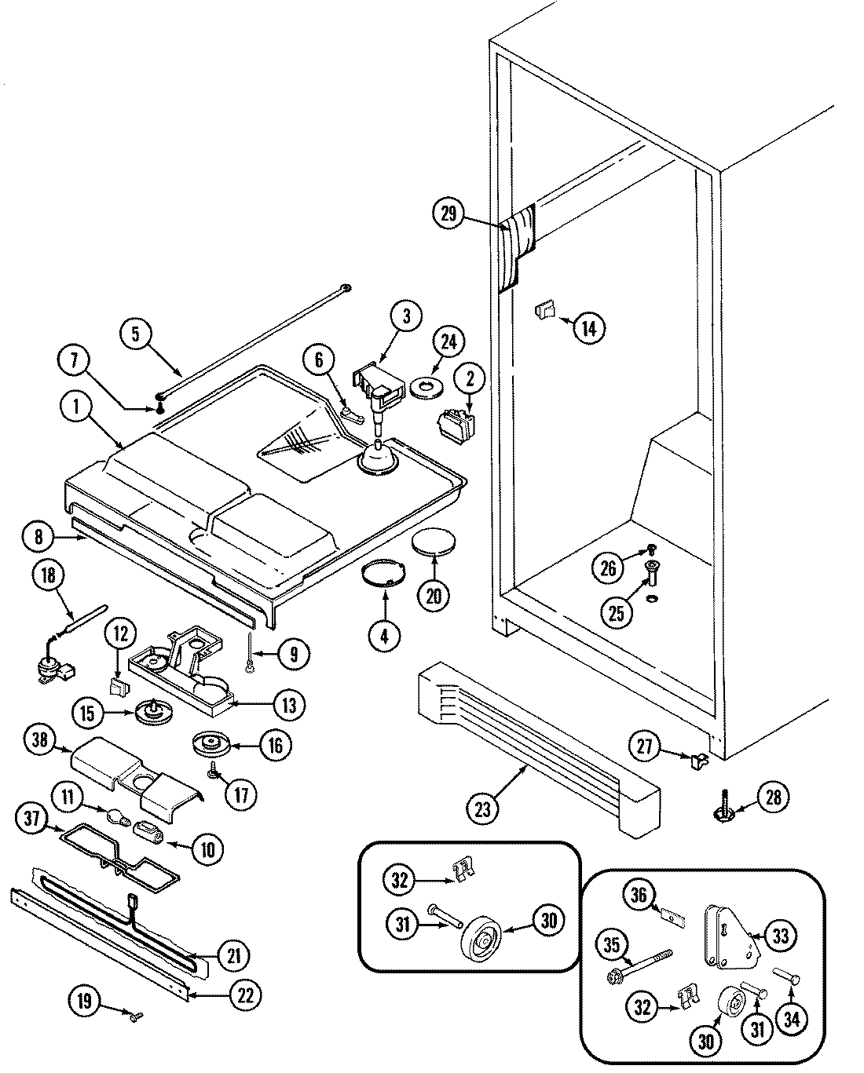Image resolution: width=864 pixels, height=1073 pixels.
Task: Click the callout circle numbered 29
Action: tap(448, 215)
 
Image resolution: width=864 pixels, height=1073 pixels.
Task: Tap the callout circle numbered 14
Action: tap(589, 327)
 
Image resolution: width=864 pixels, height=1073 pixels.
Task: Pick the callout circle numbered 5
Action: tap(136, 334)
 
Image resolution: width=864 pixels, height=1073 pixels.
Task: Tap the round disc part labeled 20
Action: tap(434, 543)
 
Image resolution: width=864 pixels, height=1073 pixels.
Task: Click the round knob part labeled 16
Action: tap(210, 743)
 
